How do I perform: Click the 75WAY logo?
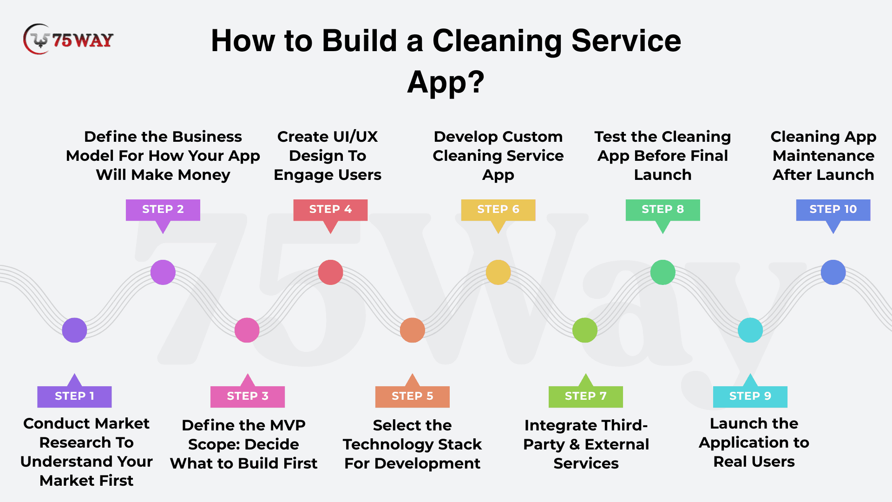[68, 40]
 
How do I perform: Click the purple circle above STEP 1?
[74, 330]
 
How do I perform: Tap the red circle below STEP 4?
[330, 272]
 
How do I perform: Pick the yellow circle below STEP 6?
[498, 272]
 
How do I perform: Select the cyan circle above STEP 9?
[750, 330]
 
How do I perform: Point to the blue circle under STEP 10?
[833, 272]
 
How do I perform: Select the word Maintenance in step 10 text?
[824, 156]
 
